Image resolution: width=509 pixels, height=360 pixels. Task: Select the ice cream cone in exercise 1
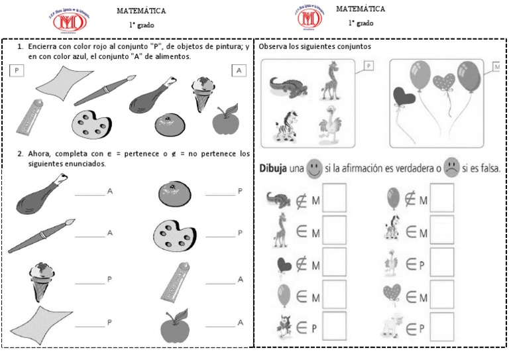point(203,92)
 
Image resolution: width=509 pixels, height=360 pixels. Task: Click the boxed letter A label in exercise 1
point(239,71)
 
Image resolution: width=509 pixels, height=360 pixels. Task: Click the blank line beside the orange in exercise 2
point(220,195)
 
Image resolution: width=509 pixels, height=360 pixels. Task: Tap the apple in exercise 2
point(175,325)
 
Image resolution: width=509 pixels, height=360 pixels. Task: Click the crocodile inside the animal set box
point(286,85)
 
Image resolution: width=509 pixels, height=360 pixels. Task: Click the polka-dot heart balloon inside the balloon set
point(445,83)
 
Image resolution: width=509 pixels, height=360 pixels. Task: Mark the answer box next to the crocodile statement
point(335,197)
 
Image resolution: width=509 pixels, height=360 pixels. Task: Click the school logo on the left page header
point(69,20)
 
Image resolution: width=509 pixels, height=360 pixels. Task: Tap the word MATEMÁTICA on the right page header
point(360,9)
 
